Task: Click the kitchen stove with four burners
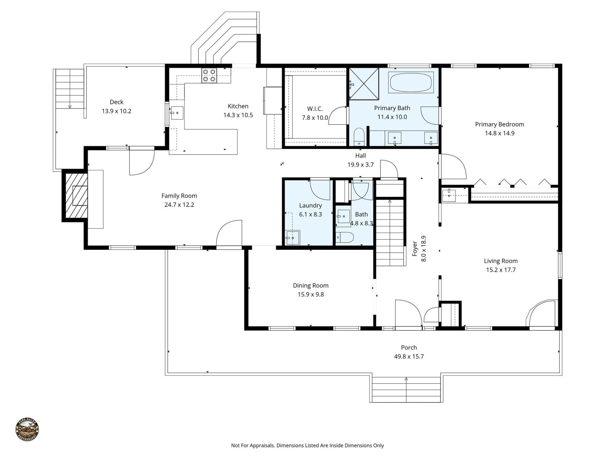tap(209, 76)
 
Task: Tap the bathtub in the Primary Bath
tap(411, 82)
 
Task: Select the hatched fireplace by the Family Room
tap(76, 196)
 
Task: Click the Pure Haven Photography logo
tap(27, 430)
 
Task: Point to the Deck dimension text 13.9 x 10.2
tap(117, 111)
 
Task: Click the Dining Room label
tap(310, 285)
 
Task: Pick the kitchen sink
tap(177, 113)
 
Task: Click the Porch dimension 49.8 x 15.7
tap(409, 356)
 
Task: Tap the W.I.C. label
tap(315, 109)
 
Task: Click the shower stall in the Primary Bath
tap(364, 84)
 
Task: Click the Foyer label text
tap(415, 248)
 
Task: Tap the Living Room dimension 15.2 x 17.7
tap(501, 270)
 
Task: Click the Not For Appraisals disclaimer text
tap(307, 445)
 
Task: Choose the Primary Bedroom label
tap(499, 124)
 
